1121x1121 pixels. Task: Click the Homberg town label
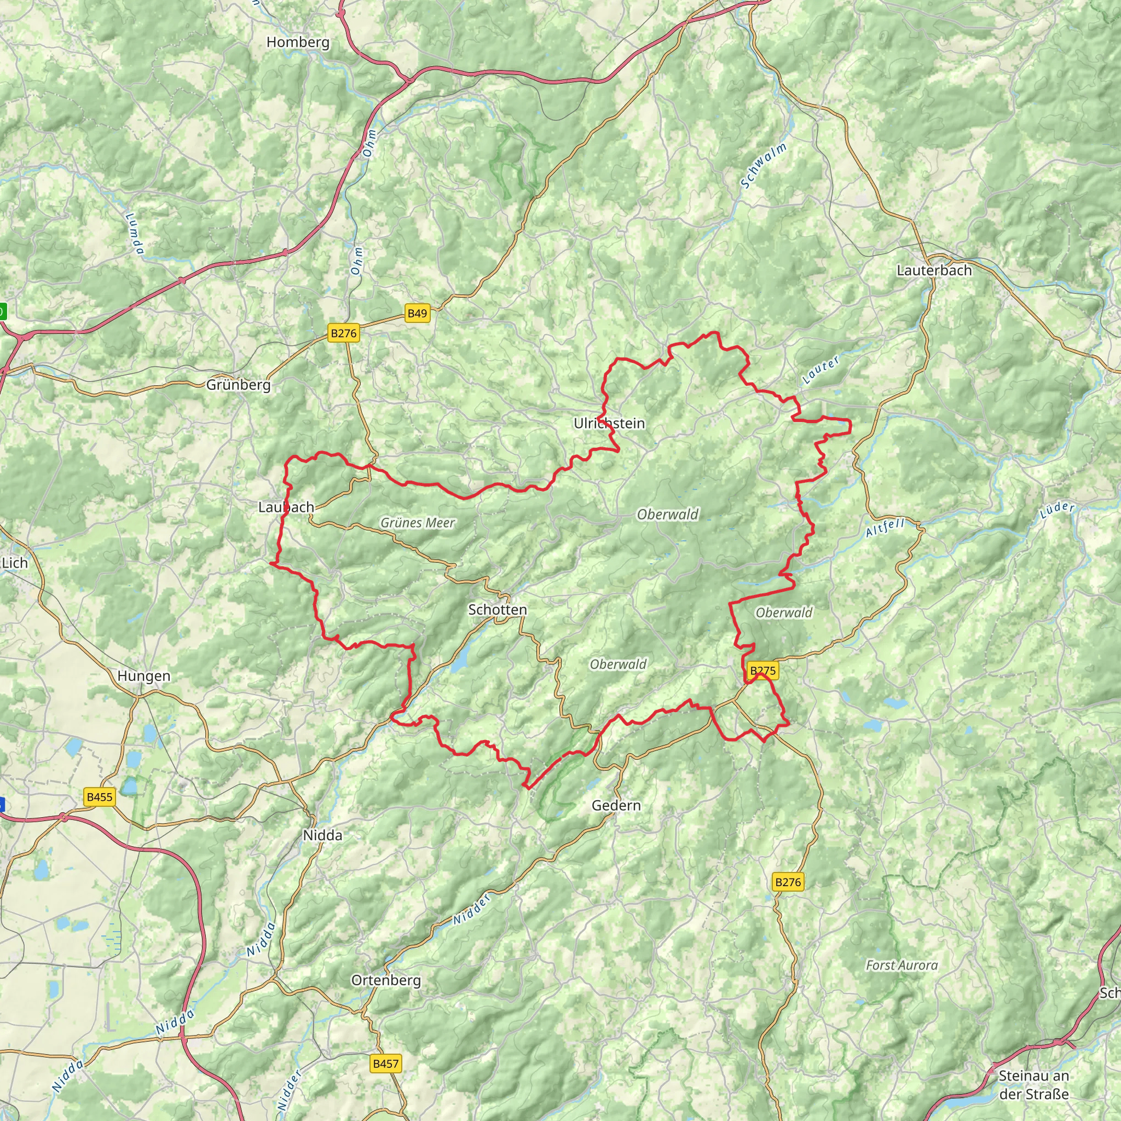(x=298, y=42)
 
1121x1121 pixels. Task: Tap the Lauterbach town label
(x=934, y=270)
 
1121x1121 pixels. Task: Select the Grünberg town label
(x=239, y=385)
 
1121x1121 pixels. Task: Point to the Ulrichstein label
(x=609, y=424)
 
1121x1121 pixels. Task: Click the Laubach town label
(x=286, y=507)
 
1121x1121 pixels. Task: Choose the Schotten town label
(x=497, y=610)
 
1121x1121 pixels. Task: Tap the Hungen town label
(x=144, y=676)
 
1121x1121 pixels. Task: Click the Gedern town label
(x=616, y=805)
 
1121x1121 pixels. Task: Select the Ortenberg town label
(x=386, y=980)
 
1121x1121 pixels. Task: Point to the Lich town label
(x=15, y=563)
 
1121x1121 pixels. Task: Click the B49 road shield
(x=417, y=314)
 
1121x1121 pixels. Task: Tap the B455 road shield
(x=99, y=796)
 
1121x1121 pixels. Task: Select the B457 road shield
(x=385, y=1064)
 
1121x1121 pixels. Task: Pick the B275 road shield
(x=762, y=671)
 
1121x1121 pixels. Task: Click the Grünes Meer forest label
(x=417, y=523)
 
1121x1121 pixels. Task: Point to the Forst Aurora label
(x=901, y=966)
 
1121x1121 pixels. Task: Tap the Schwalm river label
(x=764, y=165)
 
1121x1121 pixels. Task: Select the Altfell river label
(x=885, y=528)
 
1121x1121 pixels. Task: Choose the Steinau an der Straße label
(x=1033, y=1085)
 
